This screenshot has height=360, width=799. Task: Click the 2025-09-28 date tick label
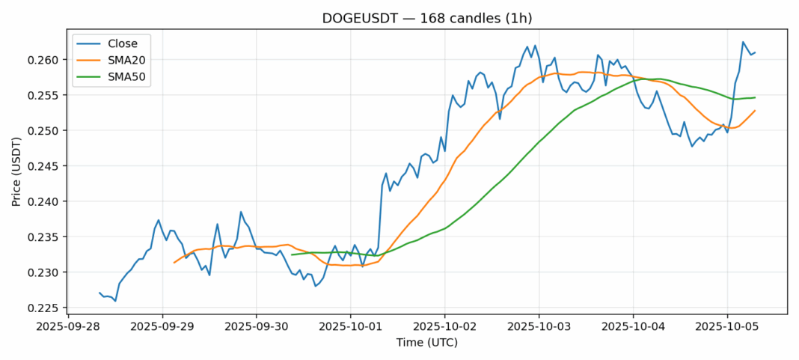tap(68, 327)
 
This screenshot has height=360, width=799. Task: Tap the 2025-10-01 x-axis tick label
tap(350, 327)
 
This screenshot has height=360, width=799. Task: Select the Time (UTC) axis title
tap(427, 343)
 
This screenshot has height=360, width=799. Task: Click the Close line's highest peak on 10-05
tap(743, 42)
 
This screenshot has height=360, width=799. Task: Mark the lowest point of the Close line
tap(115, 301)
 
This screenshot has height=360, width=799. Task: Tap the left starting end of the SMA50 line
tap(292, 254)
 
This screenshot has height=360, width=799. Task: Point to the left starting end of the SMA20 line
tap(174, 263)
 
